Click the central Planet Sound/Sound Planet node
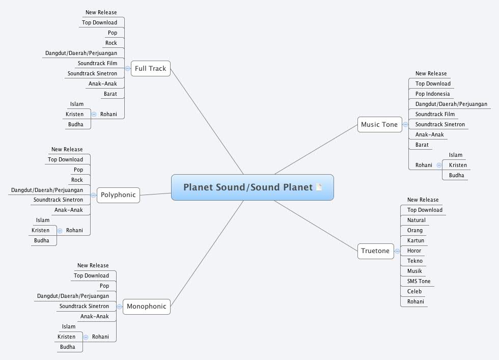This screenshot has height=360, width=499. pos(248,187)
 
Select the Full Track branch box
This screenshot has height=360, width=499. pos(150,69)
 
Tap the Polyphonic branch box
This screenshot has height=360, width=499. pos(118,195)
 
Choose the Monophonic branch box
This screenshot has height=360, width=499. pos(146,307)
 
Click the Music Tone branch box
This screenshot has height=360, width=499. pos(379,125)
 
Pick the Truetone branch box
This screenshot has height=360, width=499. pos(375,251)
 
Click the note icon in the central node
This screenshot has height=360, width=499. pos(319,187)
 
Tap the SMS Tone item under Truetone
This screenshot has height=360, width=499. pos(419,282)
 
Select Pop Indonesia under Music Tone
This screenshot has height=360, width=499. pos(432,94)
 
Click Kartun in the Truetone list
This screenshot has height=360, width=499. pos(415,241)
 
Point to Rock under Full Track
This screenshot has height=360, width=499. pos(111,43)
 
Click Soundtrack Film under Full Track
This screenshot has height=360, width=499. pos(97,64)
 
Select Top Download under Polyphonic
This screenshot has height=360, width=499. pos(65,160)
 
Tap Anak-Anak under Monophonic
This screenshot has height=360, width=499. pos(95,317)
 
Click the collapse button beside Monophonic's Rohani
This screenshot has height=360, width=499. pos(86,337)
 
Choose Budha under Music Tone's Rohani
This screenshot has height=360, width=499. pos(456,176)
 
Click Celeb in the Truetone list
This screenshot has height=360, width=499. pos(414,292)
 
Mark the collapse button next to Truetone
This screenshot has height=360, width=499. pos(397,251)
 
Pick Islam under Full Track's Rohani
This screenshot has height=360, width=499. pos(77,104)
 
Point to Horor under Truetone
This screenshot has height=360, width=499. pos(414,251)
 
